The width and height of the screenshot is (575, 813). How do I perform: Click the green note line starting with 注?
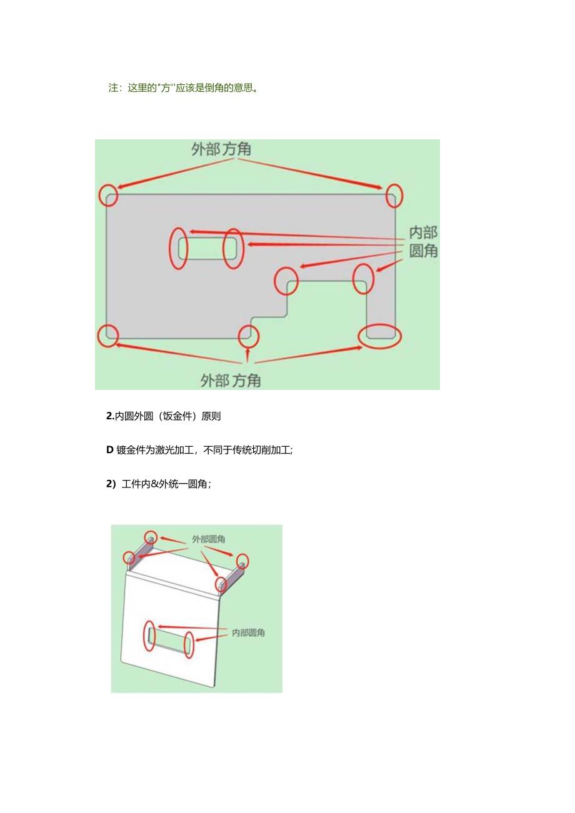[184, 88]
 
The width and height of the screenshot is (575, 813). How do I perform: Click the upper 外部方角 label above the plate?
[222, 149]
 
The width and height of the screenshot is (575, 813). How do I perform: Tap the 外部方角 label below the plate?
[231, 379]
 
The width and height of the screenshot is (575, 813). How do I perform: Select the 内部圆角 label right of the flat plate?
[423, 242]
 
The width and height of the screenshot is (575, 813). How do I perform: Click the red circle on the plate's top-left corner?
[108, 195]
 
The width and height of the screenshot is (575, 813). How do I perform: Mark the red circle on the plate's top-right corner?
[394, 195]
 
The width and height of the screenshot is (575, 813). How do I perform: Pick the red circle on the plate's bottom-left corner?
[108, 336]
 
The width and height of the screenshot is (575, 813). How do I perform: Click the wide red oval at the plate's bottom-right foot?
[379, 336]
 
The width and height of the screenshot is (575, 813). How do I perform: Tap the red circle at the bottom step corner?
[249, 334]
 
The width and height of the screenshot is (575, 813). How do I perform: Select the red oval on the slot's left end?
[179, 249]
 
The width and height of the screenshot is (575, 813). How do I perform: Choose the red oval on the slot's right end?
[232, 248]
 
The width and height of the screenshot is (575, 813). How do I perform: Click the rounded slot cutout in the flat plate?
[206, 248]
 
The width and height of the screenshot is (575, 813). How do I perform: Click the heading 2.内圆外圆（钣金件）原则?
[164, 416]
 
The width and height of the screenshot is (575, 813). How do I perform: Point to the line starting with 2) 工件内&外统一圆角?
[159, 484]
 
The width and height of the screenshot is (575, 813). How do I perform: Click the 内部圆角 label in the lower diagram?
[248, 633]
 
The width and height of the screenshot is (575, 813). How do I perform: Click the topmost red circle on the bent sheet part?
[151, 537]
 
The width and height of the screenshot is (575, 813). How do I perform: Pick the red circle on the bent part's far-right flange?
[241, 561]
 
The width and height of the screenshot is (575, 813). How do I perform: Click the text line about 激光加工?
[200, 450]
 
